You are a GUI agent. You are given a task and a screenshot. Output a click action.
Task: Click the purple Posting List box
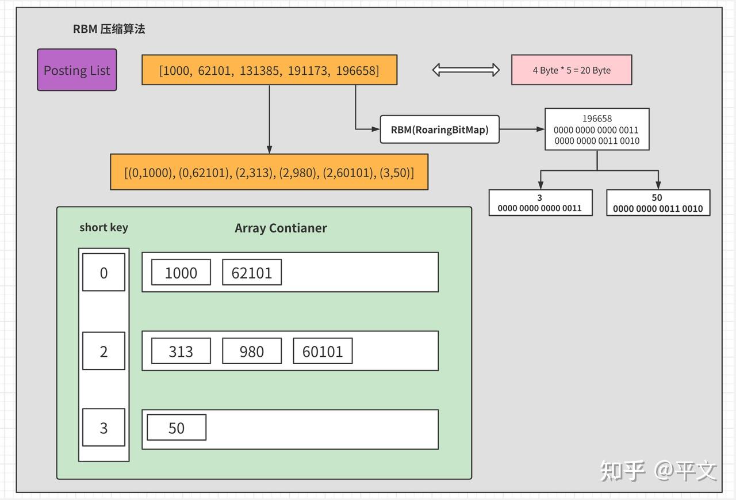[77, 70]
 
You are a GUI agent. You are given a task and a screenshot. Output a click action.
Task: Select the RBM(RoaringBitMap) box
[439, 129]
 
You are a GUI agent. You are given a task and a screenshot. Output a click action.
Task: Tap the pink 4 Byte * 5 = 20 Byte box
[572, 70]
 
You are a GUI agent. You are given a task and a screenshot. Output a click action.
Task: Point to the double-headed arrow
[466, 70]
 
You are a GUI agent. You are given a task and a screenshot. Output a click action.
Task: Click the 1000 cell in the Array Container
[181, 273]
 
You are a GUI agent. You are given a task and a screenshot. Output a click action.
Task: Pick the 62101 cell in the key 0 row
[252, 273]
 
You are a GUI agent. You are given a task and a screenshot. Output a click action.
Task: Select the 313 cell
[181, 352]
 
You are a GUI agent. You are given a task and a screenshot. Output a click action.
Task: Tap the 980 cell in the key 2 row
[252, 352]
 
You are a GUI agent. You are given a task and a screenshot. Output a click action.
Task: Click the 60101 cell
[323, 352]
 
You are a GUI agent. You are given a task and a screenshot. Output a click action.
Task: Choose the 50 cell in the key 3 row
[177, 428]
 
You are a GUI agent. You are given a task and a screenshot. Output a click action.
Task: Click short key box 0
[103, 273]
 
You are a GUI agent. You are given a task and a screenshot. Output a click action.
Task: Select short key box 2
[103, 352]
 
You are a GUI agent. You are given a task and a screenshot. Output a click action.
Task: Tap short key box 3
[103, 428]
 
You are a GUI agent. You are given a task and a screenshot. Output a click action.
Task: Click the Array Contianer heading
[281, 228]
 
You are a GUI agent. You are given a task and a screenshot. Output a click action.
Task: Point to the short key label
[103, 227]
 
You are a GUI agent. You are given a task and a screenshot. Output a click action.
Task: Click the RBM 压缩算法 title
[109, 29]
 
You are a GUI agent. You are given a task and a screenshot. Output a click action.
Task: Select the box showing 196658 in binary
[597, 129]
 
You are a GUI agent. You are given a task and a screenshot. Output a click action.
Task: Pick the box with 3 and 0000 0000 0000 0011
[540, 203]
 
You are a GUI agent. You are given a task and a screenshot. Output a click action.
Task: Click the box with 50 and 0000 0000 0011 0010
[658, 203]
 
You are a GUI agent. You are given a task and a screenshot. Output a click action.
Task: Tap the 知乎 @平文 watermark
[658, 471]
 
